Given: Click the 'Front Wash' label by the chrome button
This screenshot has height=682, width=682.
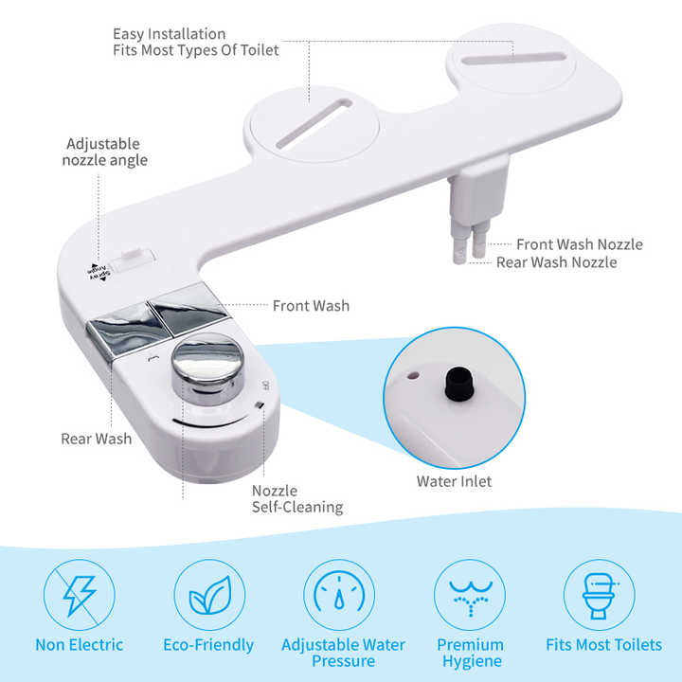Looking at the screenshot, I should [311, 306].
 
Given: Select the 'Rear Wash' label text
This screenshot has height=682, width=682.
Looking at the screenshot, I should [97, 439].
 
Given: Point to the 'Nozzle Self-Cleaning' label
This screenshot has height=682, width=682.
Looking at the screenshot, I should [296, 499].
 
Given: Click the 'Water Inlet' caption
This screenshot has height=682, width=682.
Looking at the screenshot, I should [454, 481].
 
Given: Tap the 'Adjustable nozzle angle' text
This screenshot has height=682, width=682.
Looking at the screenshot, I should [106, 153].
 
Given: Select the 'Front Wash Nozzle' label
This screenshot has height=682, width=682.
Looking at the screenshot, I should [579, 244].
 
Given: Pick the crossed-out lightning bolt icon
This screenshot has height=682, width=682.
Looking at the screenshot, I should [79, 595].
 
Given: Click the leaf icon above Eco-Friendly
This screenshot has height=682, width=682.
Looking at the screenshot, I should [209, 595].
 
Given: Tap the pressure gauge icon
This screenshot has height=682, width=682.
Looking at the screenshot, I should [338, 595].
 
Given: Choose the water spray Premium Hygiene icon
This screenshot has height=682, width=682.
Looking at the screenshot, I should [470, 595].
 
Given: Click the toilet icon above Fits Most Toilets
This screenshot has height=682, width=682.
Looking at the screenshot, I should [600, 595].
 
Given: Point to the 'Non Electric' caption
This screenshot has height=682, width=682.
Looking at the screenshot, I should [80, 645].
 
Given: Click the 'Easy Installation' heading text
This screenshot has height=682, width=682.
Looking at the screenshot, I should [170, 35].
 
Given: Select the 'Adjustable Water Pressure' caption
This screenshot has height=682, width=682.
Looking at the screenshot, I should [343, 654].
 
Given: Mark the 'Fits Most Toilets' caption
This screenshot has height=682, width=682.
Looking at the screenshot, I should [603, 645].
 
